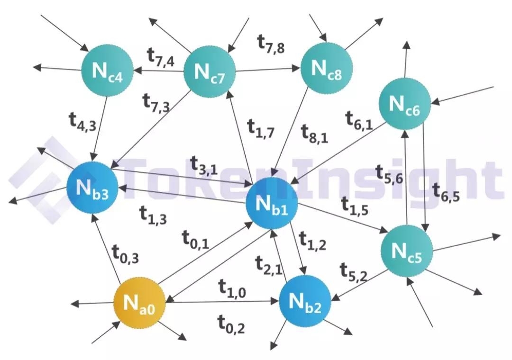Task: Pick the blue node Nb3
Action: pos(92,188)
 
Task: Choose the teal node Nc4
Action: pos(107,71)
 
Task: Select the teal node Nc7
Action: pos(209,72)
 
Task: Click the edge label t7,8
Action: pos(271,45)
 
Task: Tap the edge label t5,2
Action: pos(354,271)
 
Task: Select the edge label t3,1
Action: pos(204,163)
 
